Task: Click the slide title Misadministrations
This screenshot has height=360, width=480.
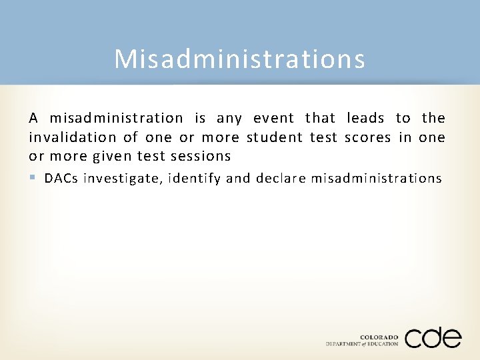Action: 239,59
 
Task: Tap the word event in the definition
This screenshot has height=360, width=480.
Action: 273,119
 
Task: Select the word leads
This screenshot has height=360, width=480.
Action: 365,119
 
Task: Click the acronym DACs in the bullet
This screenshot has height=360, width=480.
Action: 61,178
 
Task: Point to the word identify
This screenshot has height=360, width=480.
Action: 196,179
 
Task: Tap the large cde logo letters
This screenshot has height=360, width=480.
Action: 433,337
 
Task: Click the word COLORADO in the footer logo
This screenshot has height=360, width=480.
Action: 379,337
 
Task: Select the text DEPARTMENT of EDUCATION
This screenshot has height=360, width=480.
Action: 362,344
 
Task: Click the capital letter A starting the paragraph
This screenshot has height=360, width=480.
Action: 33,119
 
